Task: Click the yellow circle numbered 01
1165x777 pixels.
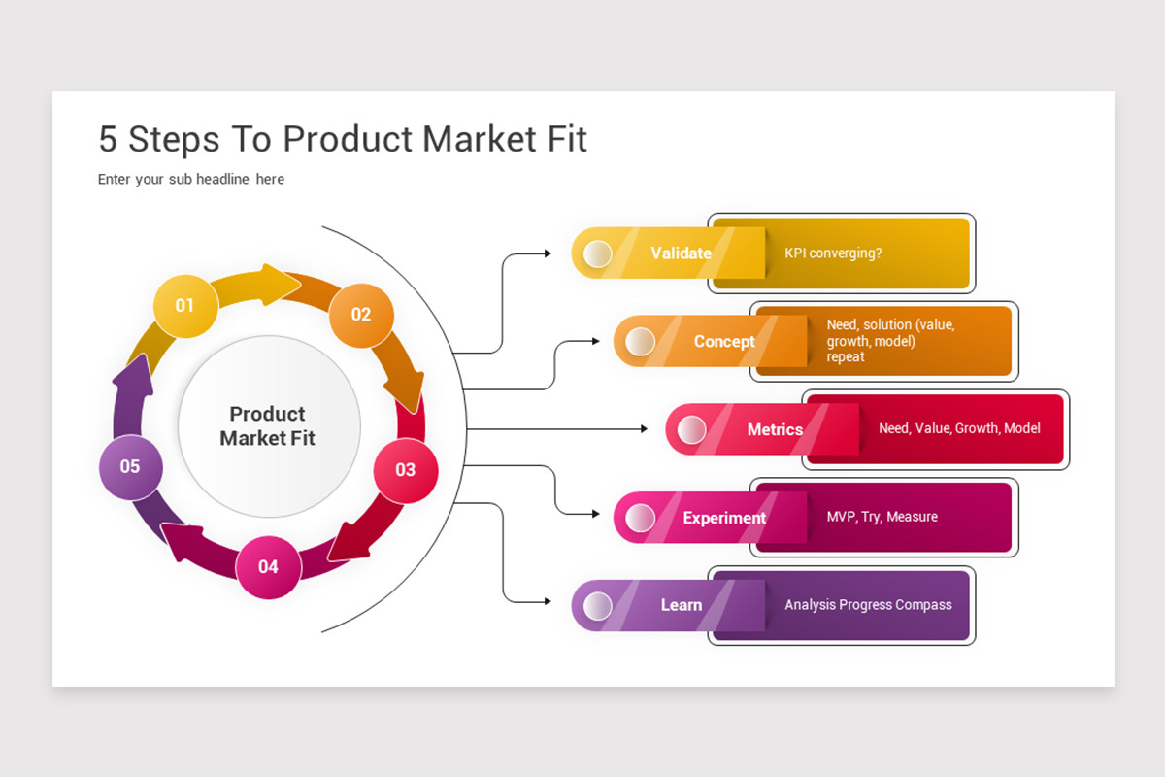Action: click(185, 306)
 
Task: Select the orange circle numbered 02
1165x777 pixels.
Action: click(361, 315)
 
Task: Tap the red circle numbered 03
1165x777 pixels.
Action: click(406, 470)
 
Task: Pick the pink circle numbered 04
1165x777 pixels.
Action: click(268, 567)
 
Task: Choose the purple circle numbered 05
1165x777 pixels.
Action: click(130, 467)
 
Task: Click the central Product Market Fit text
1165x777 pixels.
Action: click(267, 425)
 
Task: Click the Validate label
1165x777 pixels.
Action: click(681, 253)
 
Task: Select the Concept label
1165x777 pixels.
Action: click(724, 342)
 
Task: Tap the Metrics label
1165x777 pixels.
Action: click(775, 429)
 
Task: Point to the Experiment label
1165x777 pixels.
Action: click(724, 518)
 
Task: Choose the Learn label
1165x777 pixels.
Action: click(682, 605)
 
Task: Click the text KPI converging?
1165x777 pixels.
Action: click(833, 253)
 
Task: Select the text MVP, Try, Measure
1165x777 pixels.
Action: click(882, 517)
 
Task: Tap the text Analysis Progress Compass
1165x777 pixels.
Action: click(868, 605)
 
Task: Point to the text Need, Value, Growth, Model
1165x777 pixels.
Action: click(959, 428)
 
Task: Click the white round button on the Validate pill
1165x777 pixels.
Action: click(598, 253)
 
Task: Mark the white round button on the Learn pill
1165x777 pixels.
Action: click(598, 606)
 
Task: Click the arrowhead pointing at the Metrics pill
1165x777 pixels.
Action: click(644, 429)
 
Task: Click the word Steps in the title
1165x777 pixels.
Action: click(174, 140)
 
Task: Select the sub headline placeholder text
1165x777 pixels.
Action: click(191, 179)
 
